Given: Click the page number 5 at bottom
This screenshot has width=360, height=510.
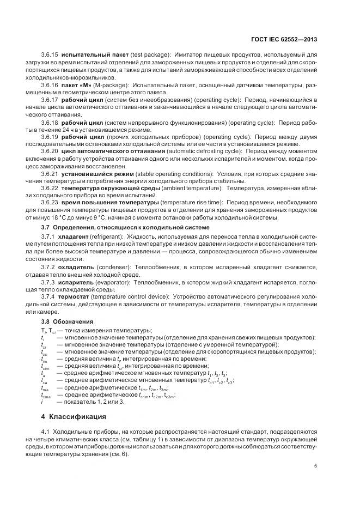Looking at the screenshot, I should tap(316, 465).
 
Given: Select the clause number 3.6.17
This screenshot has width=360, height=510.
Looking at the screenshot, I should tap(50, 101).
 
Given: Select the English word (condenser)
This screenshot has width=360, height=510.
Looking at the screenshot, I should tap(113, 267).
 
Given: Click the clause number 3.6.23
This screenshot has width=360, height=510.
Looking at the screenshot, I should tap(50, 203).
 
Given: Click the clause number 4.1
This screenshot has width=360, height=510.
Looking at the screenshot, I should tap(45, 433).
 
